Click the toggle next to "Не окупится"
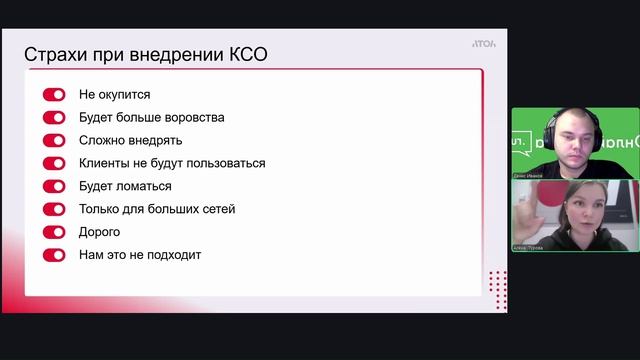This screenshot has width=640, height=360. click(54, 94)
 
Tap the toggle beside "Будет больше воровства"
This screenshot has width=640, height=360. click(54, 117)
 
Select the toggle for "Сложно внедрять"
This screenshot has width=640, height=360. click(54, 140)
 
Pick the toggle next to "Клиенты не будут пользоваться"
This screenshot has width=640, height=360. click(54, 163)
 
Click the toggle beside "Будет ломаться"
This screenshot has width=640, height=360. click(54, 186)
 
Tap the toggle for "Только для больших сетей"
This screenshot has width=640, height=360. click(54, 209)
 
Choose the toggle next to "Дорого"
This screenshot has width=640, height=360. click(54, 232)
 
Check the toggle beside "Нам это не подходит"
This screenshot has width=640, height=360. click(54, 255)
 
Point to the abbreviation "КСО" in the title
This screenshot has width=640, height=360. click(244, 54)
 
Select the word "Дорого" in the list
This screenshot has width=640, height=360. click(100, 232)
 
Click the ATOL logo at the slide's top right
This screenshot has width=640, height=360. click(484, 43)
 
